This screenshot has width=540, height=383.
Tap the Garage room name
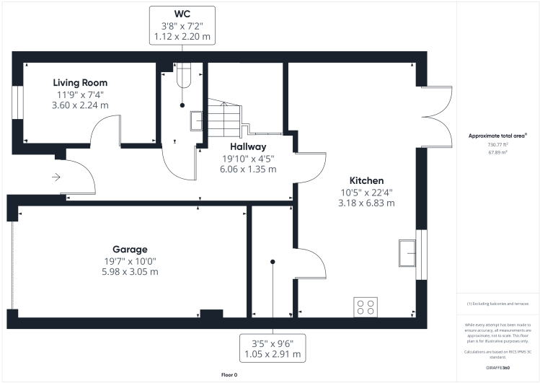[130, 248]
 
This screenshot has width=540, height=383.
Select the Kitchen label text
[366, 180]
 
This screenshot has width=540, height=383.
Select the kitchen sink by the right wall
[407, 252]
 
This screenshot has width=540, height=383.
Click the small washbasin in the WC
[196, 120]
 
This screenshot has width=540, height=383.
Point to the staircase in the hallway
[225, 115]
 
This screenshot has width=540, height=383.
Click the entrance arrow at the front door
[57, 176]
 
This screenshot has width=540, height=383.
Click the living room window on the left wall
[19, 102]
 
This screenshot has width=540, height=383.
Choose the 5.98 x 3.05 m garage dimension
[130, 272]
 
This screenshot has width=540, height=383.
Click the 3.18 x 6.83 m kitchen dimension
[366, 203]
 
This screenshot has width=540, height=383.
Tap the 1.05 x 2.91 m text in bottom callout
[273, 356]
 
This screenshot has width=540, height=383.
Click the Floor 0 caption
[229, 375]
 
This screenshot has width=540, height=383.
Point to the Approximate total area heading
[497, 136]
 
